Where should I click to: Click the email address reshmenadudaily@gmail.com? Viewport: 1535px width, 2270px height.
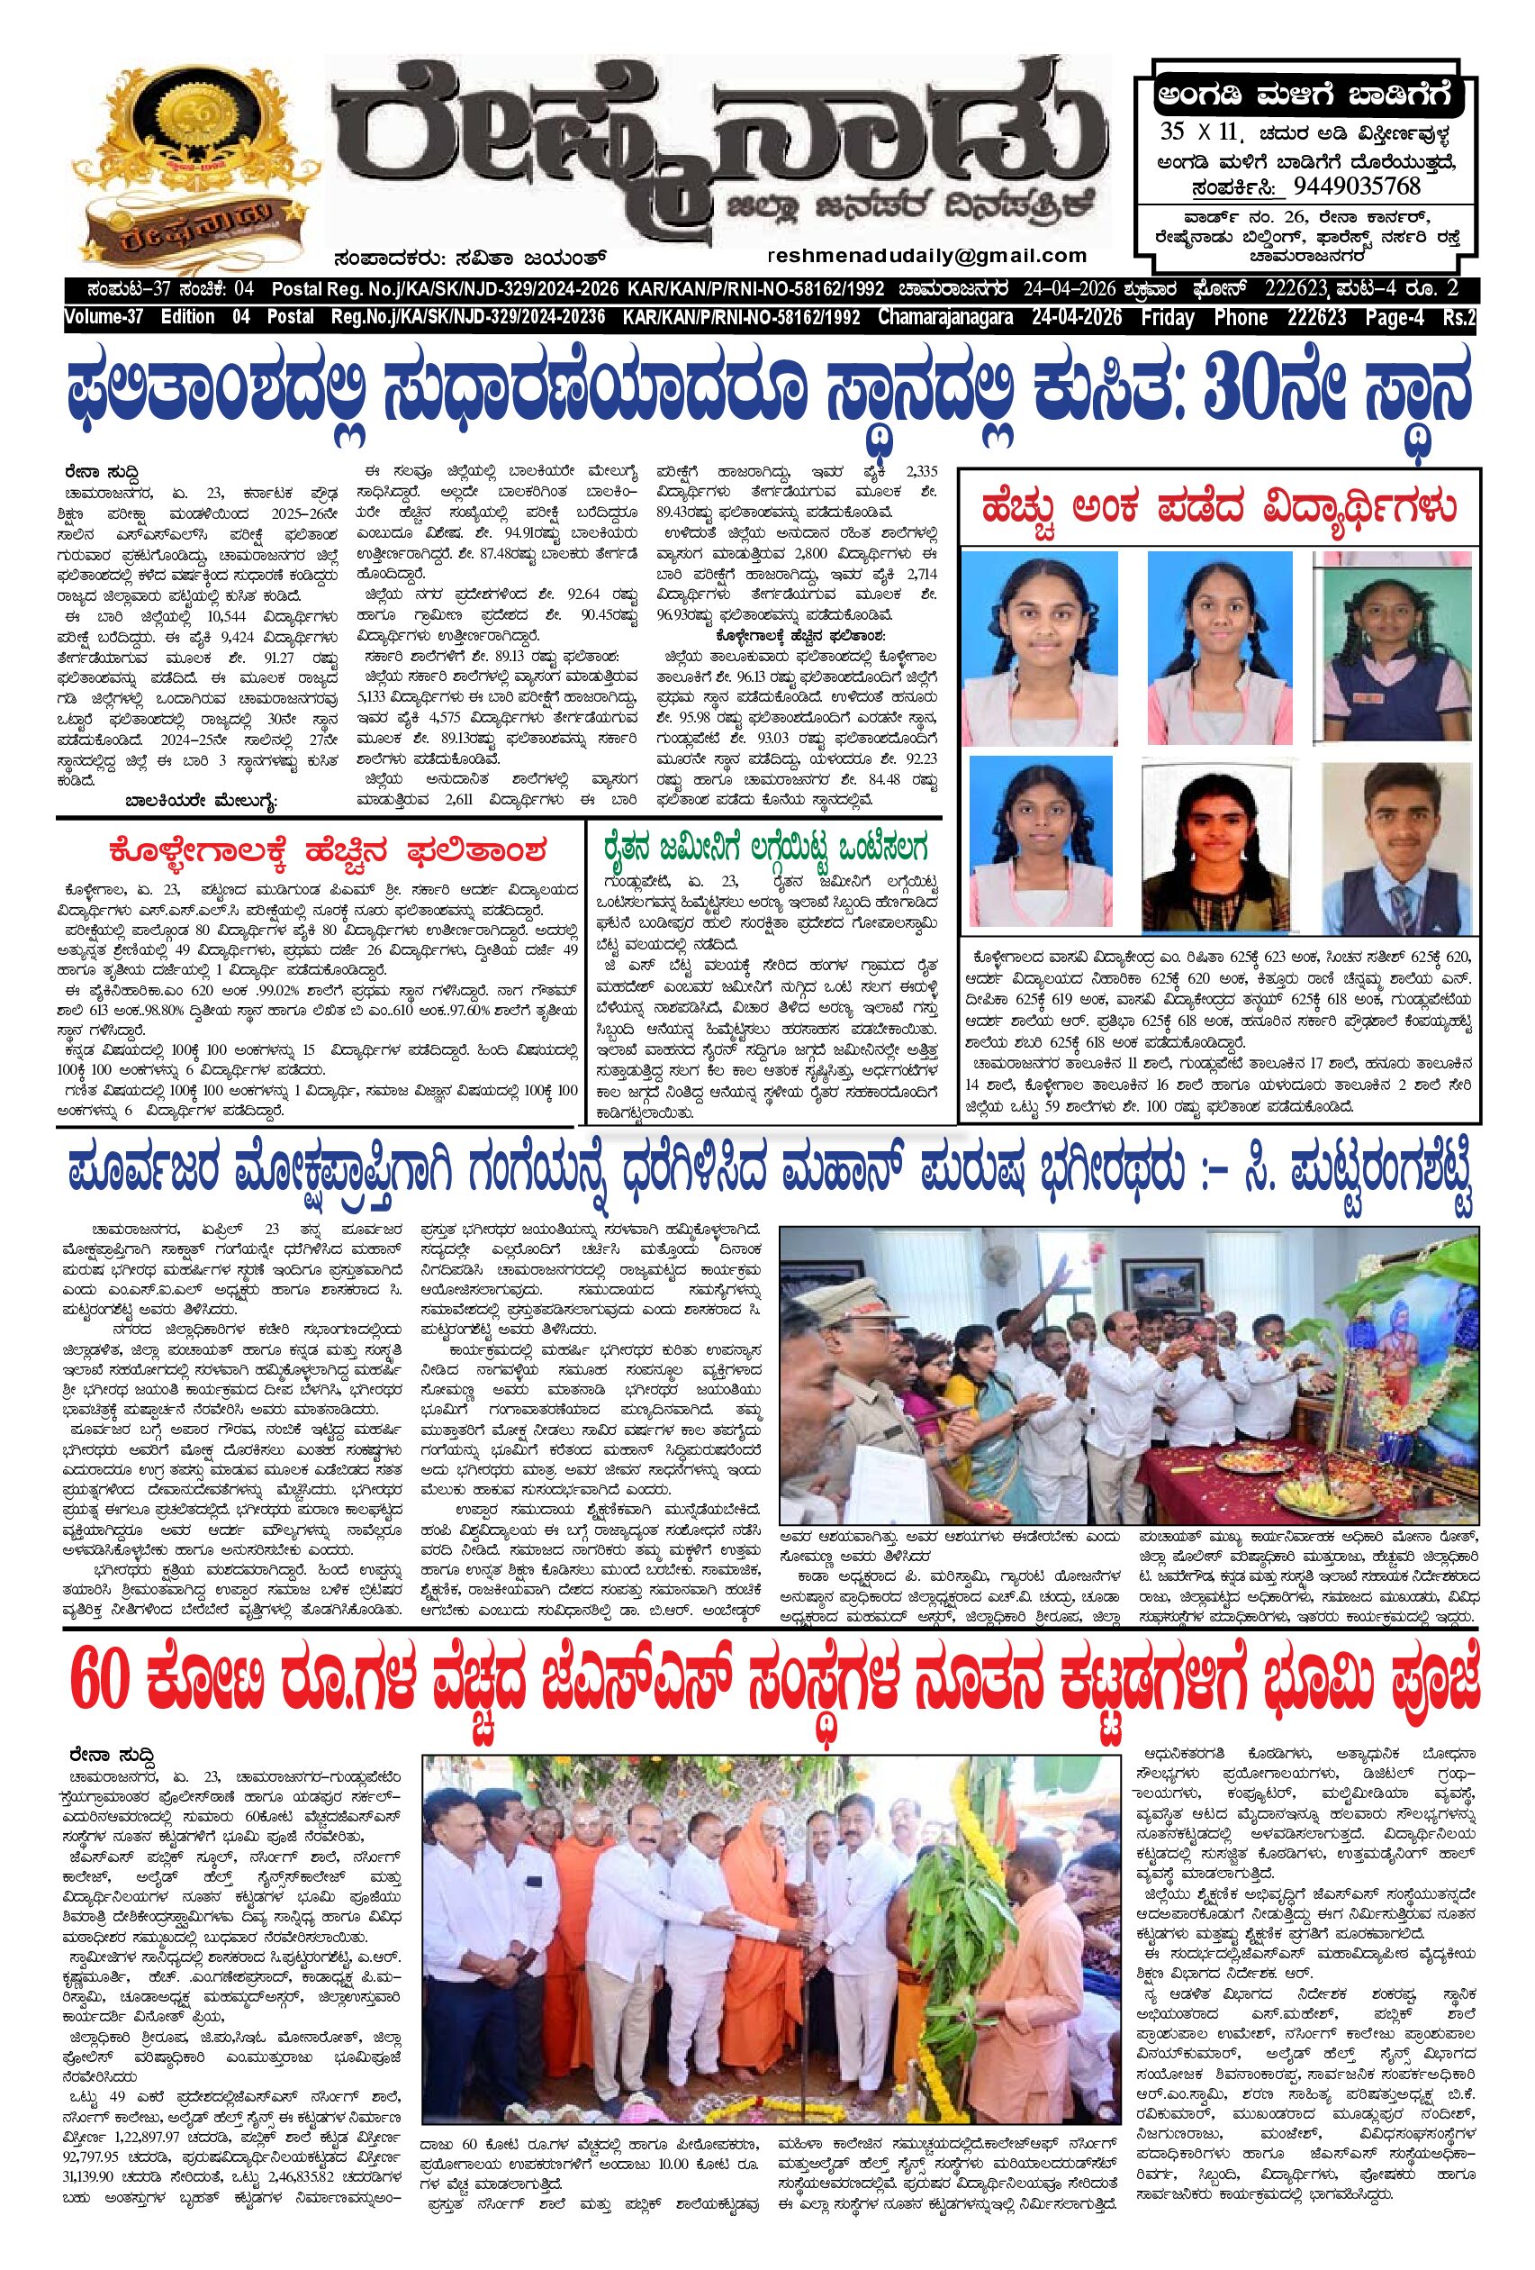(926, 256)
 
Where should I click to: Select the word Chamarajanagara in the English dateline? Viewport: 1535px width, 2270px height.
(997, 317)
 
